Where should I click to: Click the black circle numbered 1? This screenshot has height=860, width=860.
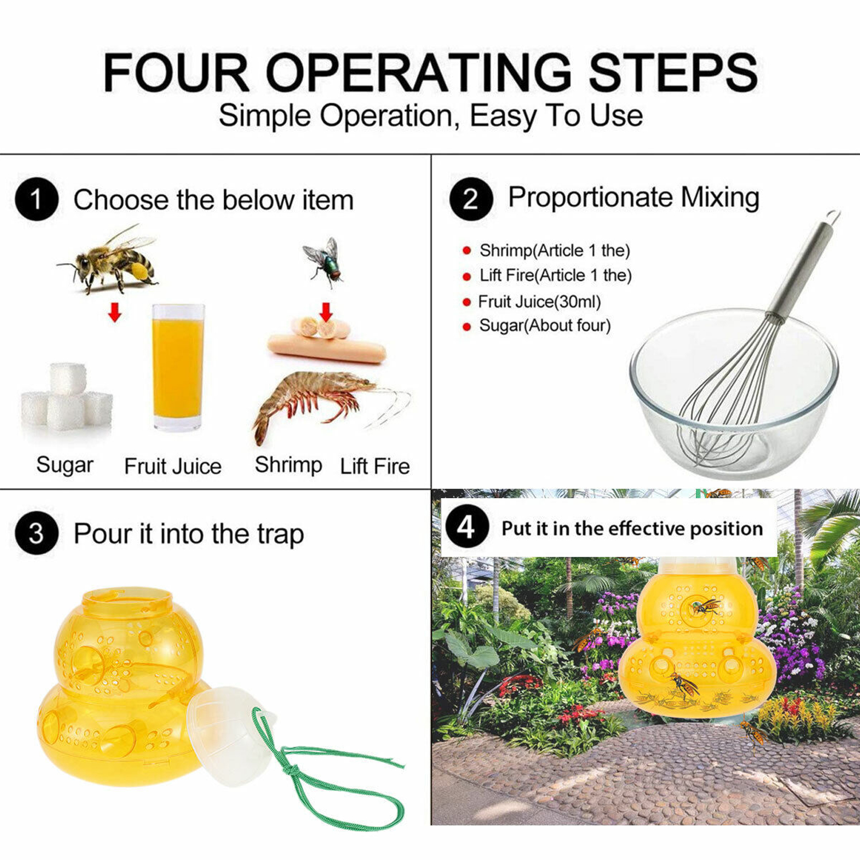click(x=37, y=200)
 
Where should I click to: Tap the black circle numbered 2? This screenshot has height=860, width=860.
click(x=471, y=199)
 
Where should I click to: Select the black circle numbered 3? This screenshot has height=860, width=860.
click(x=37, y=534)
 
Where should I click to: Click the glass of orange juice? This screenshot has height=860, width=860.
click(x=178, y=368)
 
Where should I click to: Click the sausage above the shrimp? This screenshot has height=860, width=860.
click(x=326, y=348)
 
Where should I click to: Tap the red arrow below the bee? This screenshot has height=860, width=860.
click(x=115, y=312)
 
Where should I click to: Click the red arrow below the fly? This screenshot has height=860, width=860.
click(x=326, y=312)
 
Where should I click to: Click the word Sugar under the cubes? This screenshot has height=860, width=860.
click(x=65, y=465)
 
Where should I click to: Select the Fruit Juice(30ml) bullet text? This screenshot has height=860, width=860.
click(x=540, y=302)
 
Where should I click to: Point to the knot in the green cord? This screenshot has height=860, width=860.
click(x=293, y=770)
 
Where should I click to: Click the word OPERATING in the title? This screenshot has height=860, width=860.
click(x=419, y=73)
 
